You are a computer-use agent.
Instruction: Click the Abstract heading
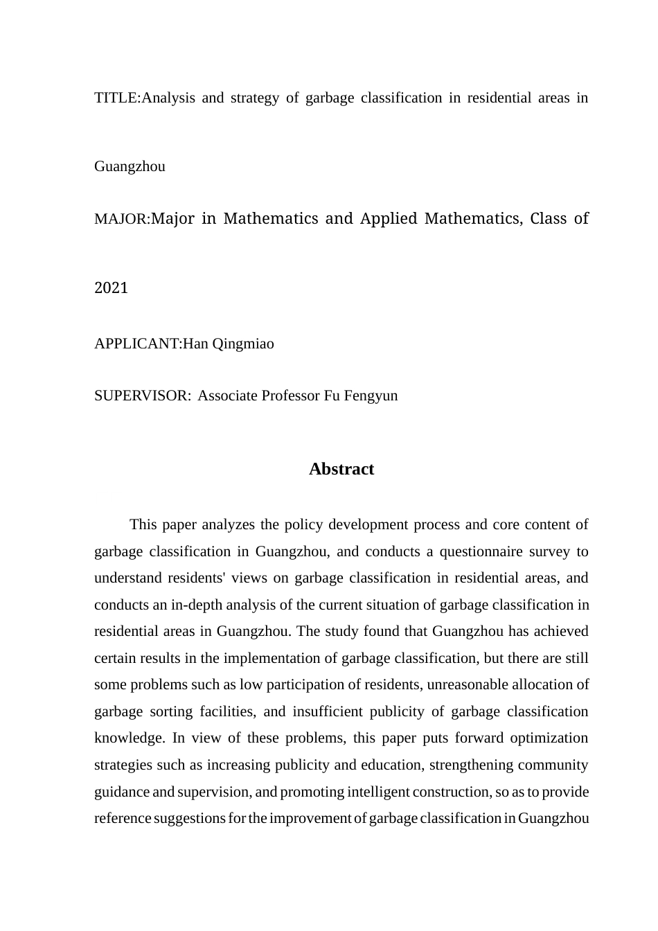click(x=341, y=469)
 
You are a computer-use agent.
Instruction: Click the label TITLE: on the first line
click(x=117, y=98)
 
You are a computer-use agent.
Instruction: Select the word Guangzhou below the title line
click(x=130, y=166)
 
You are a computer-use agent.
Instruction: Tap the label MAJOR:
click(x=122, y=220)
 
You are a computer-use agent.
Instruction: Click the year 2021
click(x=111, y=288)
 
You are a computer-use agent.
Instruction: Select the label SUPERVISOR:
click(x=143, y=396)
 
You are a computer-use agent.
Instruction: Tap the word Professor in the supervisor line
click(x=290, y=396)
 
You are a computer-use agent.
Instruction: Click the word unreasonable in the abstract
click(x=465, y=684)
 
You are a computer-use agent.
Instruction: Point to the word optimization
click(x=549, y=738)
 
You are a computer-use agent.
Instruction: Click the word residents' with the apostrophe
click(x=190, y=578)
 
